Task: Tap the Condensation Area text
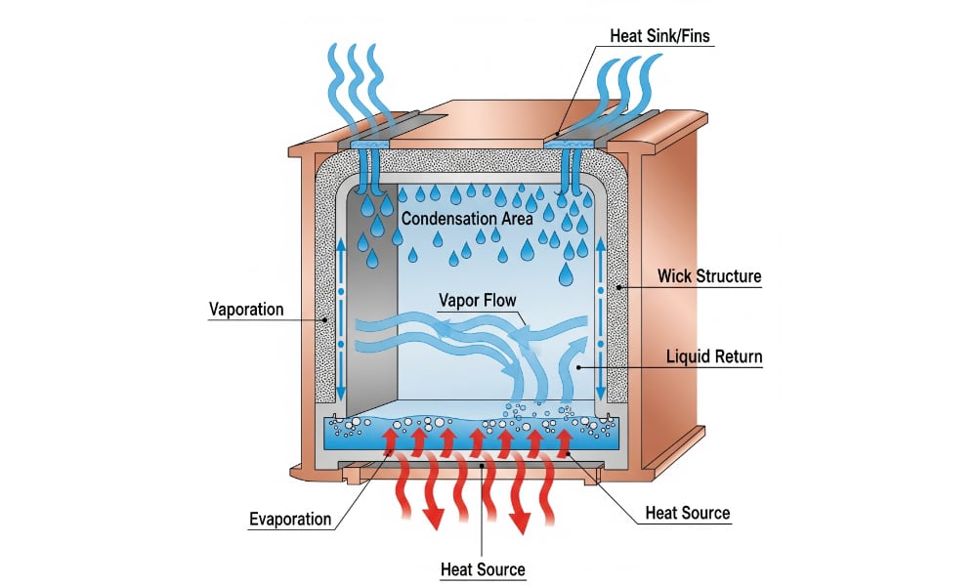pyautogui.click(x=467, y=219)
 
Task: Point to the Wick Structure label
pyautogui.click(x=713, y=276)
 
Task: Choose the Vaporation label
pyautogui.click(x=246, y=310)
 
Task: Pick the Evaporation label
pyautogui.click(x=290, y=519)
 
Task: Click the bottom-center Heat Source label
pyautogui.click(x=483, y=569)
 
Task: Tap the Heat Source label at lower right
pyautogui.click(x=687, y=513)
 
